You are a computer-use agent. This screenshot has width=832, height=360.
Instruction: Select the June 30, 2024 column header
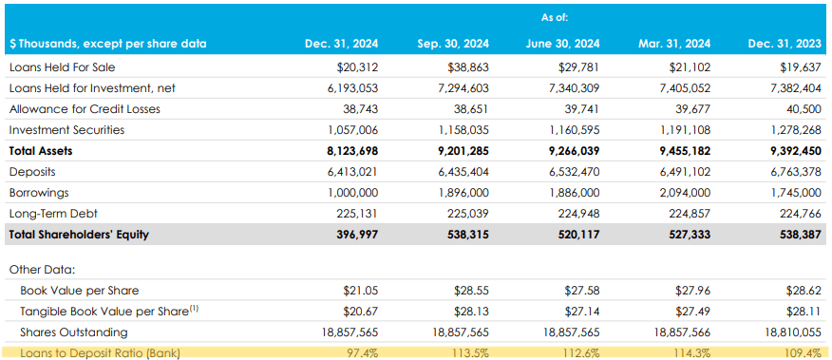[x=562, y=44]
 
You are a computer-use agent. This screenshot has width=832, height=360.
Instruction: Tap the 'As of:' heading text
[x=556, y=17]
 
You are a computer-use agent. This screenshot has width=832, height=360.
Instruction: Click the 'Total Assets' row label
[x=41, y=150]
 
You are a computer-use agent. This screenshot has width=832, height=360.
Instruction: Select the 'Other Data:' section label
[x=42, y=270]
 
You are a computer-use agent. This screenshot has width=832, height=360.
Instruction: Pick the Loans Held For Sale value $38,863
[x=468, y=67]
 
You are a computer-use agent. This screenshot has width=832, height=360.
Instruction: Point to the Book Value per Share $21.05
[x=358, y=291]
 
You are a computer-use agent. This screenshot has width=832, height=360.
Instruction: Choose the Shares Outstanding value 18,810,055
[x=785, y=332]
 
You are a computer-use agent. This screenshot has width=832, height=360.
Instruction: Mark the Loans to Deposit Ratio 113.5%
[x=470, y=353]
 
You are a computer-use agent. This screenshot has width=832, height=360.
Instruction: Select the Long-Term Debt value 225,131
[x=358, y=213]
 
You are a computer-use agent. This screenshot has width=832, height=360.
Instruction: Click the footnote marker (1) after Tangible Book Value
[x=194, y=308]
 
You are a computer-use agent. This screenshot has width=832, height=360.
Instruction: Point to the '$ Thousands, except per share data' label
[x=107, y=44]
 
